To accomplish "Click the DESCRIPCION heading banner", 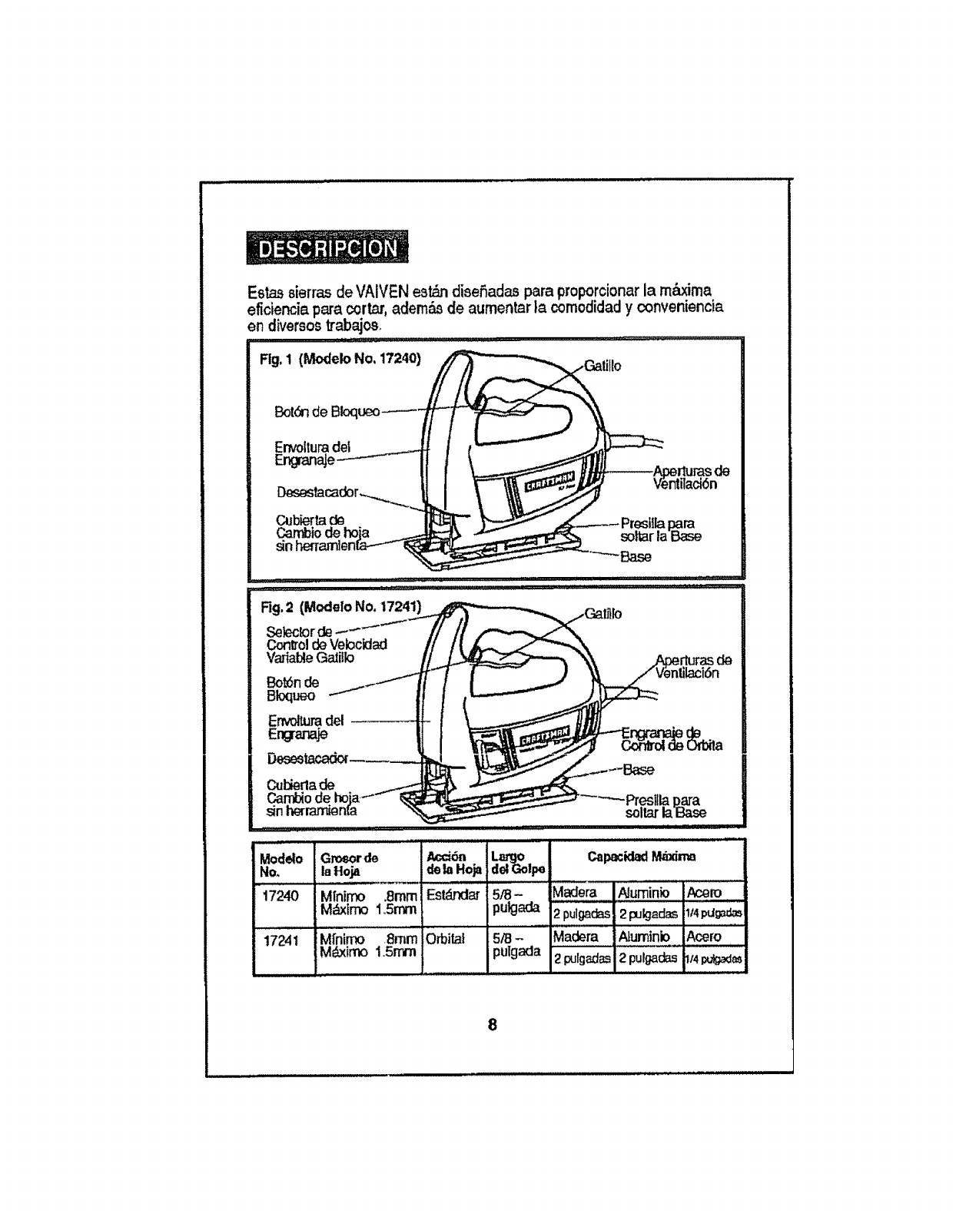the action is (x=330, y=248).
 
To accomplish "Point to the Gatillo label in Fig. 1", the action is (x=602, y=366).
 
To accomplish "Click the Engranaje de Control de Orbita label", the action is (x=671, y=739).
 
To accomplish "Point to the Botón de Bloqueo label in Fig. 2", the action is (x=292, y=688).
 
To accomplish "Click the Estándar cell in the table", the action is (x=453, y=895).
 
